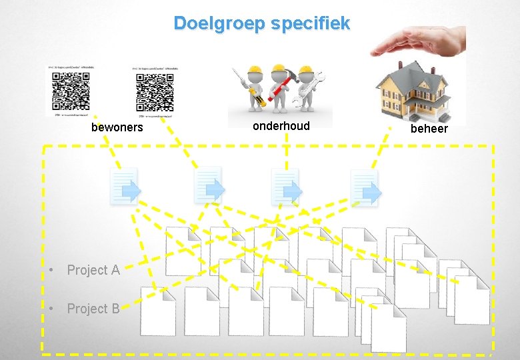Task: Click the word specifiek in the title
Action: (x=310, y=24)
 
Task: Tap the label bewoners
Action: (x=117, y=127)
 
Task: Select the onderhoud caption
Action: (x=281, y=125)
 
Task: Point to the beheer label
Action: (x=429, y=128)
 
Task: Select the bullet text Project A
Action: (x=93, y=270)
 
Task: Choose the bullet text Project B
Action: (x=93, y=309)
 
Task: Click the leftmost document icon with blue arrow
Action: (x=125, y=187)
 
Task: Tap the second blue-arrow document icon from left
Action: (x=208, y=185)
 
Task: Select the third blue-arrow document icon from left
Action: (x=285, y=187)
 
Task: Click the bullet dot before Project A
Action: (x=50, y=271)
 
